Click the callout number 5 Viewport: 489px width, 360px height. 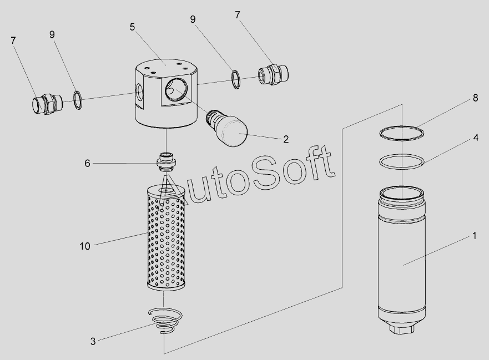coord(132,27)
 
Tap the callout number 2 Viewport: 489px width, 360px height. coord(286,139)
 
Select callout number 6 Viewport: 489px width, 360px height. coord(87,163)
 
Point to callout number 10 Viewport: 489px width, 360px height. coord(85,246)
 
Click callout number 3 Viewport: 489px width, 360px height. coord(93,341)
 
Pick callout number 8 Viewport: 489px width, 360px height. coord(475,98)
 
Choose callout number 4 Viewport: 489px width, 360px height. coord(476,138)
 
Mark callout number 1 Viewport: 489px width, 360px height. coord(475,236)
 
